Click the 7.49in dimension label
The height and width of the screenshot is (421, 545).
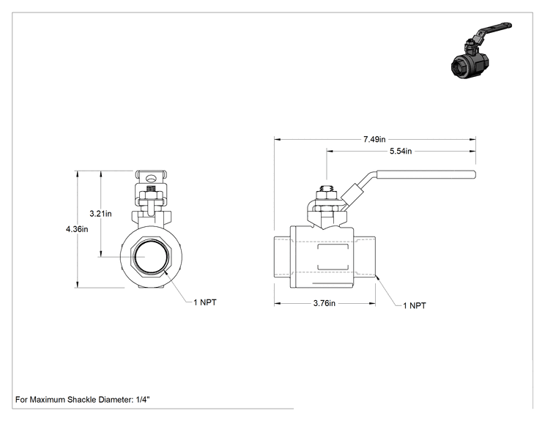pyautogui.click(x=374, y=139)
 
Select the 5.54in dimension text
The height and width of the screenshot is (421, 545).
pyautogui.click(x=401, y=151)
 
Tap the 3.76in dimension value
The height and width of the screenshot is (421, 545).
pyautogui.click(x=325, y=303)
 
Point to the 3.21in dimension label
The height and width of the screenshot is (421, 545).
pyautogui.click(x=100, y=214)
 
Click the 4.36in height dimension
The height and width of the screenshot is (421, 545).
pyautogui.click(x=77, y=229)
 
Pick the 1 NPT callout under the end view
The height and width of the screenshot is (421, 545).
pyautogui.click(x=205, y=302)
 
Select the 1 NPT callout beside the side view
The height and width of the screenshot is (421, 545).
pyautogui.click(x=415, y=305)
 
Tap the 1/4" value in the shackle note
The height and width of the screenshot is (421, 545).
pyautogui.click(x=143, y=400)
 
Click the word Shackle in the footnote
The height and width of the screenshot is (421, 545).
pyautogui.click(x=81, y=400)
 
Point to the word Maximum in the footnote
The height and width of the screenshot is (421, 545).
pyautogui.click(x=48, y=400)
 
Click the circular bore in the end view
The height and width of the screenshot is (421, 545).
pyautogui.click(x=151, y=257)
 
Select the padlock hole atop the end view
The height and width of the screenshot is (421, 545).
pyautogui.click(x=151, y=179)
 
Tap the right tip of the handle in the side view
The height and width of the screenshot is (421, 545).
pyautogui.click(x=475, y=174)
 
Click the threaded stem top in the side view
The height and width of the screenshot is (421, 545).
pyautogui.click(x=327, y=188)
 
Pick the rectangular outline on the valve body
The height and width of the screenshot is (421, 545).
pyautogui.click(x=333, y=258)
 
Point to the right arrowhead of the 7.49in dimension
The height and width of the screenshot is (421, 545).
pyautogui.click(x=472, y=140)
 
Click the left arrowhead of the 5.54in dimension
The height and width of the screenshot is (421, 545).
pyautogui.click(x=330, y=152)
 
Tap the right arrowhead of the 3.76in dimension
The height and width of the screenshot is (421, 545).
pyautogui.click(x=372, y=304)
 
